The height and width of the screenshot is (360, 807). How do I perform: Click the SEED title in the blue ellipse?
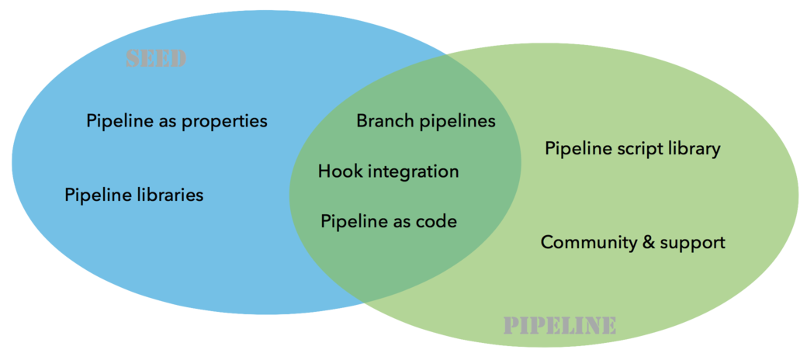click(x=155, y=60)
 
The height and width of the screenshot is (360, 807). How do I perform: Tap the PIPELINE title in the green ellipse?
click(x=559, y=325)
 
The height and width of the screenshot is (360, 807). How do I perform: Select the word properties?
click(x=225, y=122)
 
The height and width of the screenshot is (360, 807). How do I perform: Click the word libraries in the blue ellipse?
click(x=166, y=195)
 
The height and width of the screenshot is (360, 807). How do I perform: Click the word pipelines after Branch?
click(x=457, y=122)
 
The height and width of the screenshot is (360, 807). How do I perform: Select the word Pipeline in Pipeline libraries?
click(x=97, y=195)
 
